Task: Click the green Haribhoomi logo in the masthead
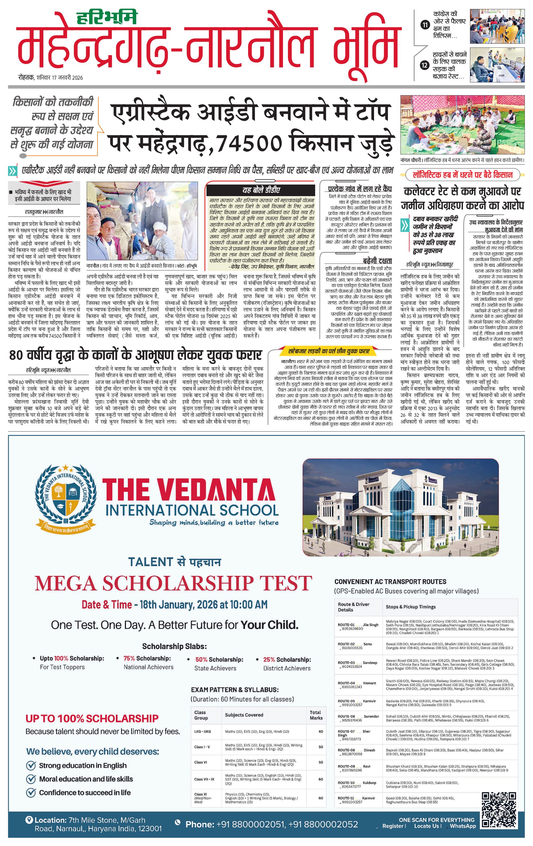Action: tap(107, 17)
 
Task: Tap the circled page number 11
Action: tap(425, 25)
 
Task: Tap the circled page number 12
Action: tap(425, 65)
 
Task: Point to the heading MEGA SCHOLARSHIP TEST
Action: tap(173, 584)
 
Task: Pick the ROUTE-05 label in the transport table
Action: tap(346, 701)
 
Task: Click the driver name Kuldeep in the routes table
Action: tap(369, 783)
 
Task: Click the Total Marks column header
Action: tap(316, 715)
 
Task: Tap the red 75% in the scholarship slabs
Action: tap(129, 658)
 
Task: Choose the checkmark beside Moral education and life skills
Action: tap(31, 779)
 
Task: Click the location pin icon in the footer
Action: tap(29, 820)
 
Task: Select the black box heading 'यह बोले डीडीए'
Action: tap(261, 190)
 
